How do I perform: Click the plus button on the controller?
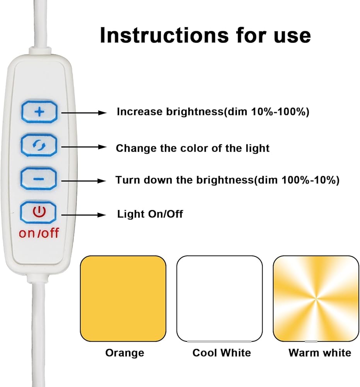click(39, 112)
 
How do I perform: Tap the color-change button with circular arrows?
click(39, 145)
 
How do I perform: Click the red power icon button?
click(38, 212)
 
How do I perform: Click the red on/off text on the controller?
click(39, 233)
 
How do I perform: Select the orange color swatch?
click(123, 299)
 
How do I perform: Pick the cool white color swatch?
click(220, 299)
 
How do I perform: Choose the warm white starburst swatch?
click(316, 299)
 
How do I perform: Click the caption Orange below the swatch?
click(125, 353)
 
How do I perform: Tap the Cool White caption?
click(222, 353)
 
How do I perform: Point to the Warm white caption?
click(320, 353)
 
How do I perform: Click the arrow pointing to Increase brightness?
click(84, 113)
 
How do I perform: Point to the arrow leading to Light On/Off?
click(84, 215)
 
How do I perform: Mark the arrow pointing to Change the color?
click(84, 147)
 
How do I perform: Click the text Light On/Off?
click(150, 214)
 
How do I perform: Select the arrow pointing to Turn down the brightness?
click(84, 181)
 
